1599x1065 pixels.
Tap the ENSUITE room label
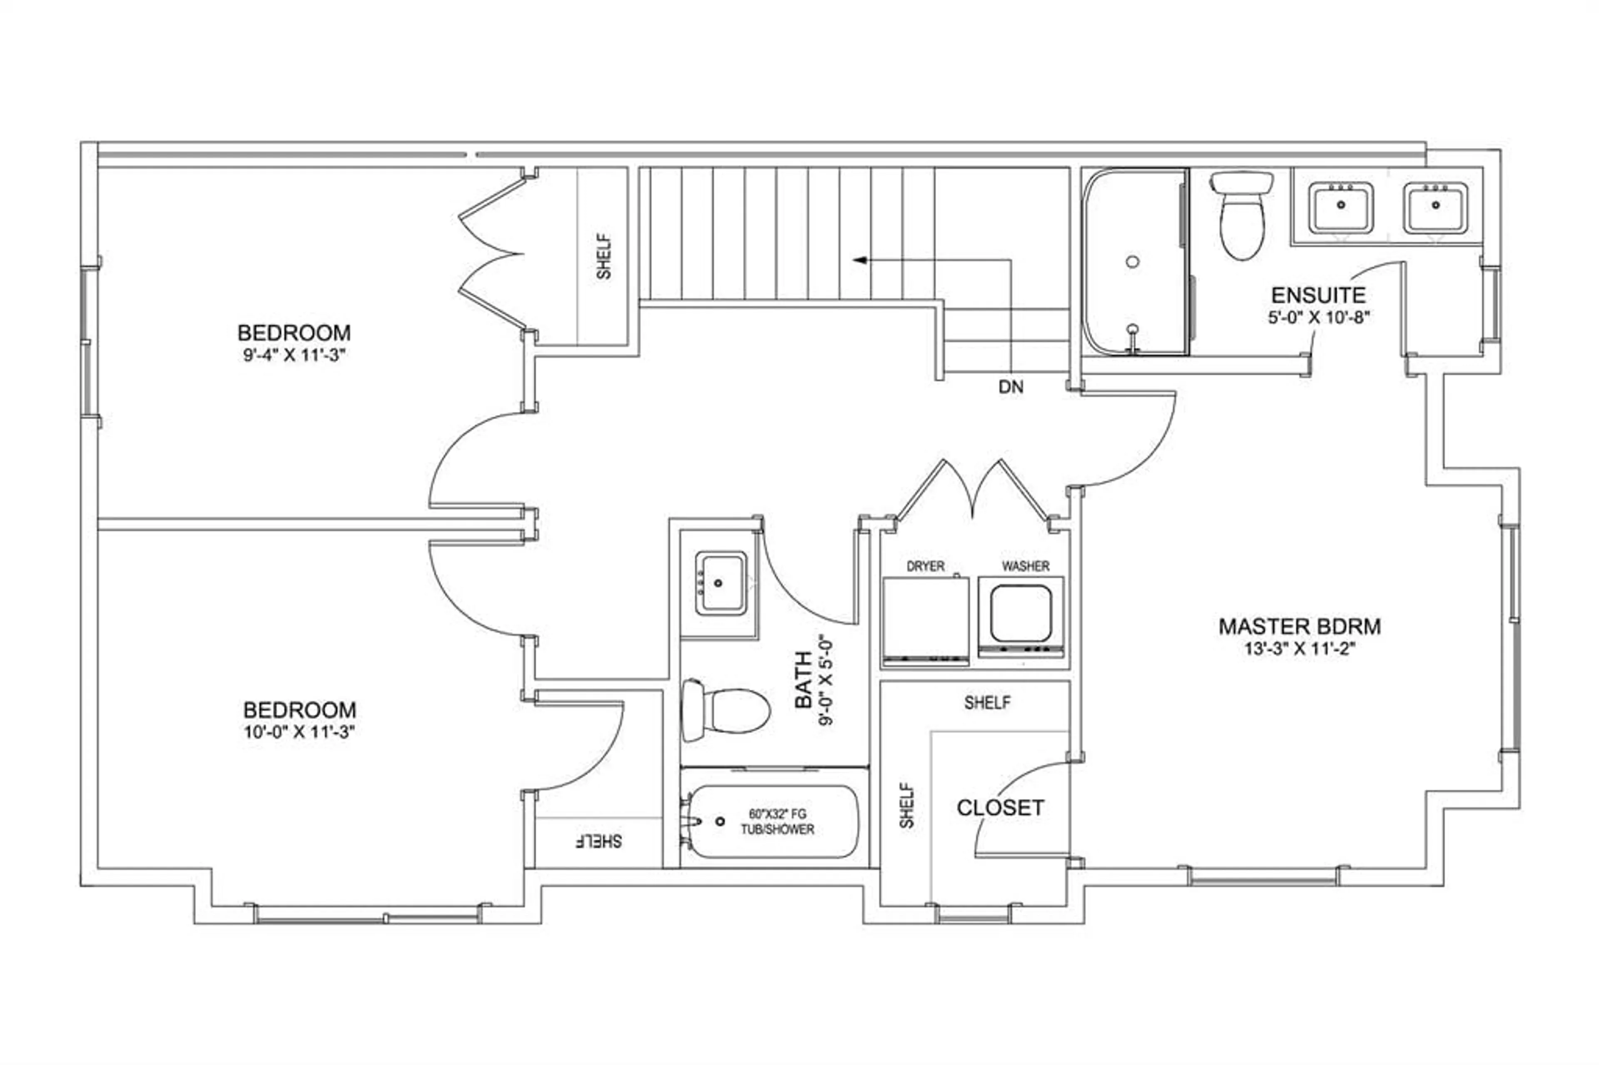click(1318, 296)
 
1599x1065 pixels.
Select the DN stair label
click(1011, 387)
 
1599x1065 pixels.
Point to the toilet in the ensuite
click(1242, 215)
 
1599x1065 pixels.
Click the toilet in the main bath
click(725, 710)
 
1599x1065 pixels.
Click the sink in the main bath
click(720, 583)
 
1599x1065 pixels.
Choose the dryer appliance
click(925, 620)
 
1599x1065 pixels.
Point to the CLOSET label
click(1000, 808)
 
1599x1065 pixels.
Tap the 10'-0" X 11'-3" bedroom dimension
click(299, 732)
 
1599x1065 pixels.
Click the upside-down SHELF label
click(598, 841)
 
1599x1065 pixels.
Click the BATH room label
click(804, 680)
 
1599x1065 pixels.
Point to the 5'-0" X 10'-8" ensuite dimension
click(1318, 317)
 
